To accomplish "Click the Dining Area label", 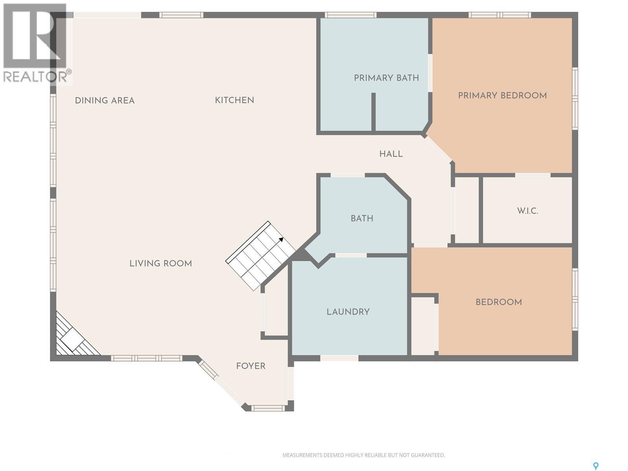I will tap(104, 100).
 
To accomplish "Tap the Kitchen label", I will tap(234, 100).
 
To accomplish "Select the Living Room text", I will tap(161, 263).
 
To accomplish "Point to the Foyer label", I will tap(250, 366).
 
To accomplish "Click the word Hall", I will tap(391, 154).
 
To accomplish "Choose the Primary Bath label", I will tap(386, 78).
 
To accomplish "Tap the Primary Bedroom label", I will tap(502, 95).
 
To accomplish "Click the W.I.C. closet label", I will tap(527, 211).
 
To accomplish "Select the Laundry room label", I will tap(348, 312).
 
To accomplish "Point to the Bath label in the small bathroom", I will tap(362, 218).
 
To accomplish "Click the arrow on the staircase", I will tap(281, 239).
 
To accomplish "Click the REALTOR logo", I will tap(35, 43).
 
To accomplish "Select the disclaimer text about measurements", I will tap(363, 455).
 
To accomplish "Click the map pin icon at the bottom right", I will tap(595, 466).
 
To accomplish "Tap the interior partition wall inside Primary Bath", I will tap(373, 112).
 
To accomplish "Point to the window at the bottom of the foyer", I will tap(268, 408).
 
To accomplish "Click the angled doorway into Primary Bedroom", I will tap(438, 149).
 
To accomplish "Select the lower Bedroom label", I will tap(498, 302).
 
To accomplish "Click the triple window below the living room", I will tap(146, 358).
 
